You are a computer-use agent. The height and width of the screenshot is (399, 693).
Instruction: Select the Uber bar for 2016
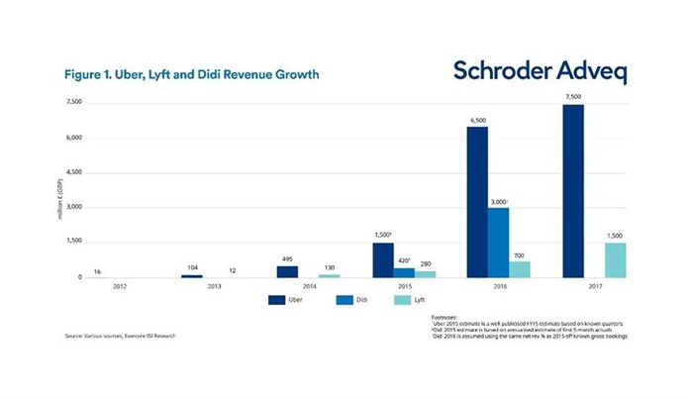[x=477, y=202]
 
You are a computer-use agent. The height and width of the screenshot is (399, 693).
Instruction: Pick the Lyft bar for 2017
[x=616, y=259]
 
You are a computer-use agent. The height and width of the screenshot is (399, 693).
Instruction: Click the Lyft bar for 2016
[x=521, y=269]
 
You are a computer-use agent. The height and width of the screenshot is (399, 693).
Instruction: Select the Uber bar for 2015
[x=382, y=259]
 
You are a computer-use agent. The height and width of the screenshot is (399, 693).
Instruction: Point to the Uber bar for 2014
[x=287, y=271]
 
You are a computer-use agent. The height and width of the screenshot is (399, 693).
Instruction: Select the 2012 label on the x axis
[x=120, y=287]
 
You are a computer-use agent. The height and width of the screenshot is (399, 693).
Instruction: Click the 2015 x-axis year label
[x=405, y=287]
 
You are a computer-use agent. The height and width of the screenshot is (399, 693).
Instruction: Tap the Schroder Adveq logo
[x=540, y=71]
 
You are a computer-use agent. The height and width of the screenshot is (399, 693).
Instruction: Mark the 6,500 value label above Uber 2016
[x=477, y=119]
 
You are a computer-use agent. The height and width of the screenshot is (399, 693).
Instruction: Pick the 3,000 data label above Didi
[x=500, y=201]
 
